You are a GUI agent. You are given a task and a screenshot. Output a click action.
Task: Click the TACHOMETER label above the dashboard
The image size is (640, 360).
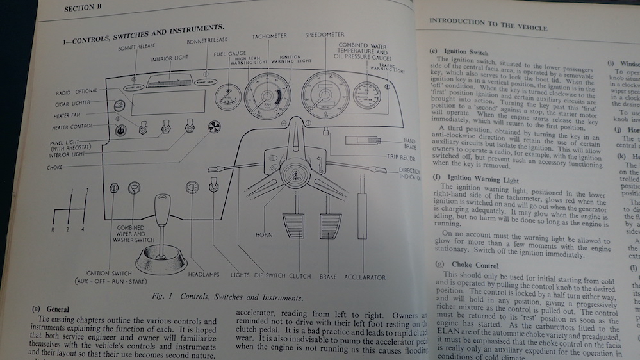269,37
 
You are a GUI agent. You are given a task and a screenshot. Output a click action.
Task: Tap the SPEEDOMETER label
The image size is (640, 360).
324,34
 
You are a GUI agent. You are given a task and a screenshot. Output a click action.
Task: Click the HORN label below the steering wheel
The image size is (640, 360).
264,235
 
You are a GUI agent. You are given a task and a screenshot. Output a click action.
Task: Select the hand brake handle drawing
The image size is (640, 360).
363,140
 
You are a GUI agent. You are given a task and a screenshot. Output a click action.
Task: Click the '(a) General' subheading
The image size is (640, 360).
51,309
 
